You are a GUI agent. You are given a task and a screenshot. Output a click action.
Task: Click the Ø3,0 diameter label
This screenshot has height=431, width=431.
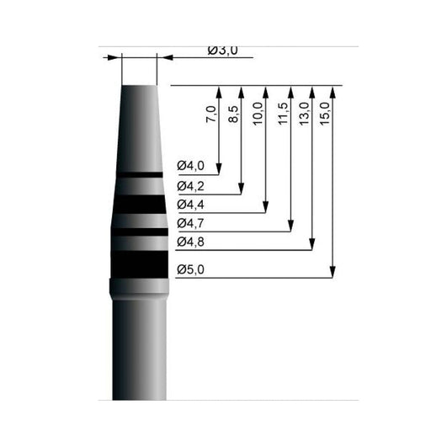tap(223, 51)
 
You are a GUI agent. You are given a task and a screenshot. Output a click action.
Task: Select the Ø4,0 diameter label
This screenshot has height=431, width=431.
tap(190, 166)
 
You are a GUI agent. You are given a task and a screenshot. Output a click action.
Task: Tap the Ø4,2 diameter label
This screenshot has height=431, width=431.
tap(190, 186)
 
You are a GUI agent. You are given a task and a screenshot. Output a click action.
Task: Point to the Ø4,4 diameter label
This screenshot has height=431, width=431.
tap(190, 205)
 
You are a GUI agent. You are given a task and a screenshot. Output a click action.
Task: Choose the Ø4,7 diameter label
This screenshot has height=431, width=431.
tap(190, 223)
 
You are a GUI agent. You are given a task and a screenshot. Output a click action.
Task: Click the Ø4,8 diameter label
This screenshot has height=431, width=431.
tap(190, 242)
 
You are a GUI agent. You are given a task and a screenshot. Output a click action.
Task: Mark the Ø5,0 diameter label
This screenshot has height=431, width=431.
tap(190, 269)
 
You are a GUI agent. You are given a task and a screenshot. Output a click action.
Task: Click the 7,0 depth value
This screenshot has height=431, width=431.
tap(211, 114)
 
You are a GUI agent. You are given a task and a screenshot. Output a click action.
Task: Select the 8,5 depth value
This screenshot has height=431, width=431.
tap(233, 114)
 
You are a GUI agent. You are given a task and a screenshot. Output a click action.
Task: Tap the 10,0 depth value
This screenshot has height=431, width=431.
tap(258, 114)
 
